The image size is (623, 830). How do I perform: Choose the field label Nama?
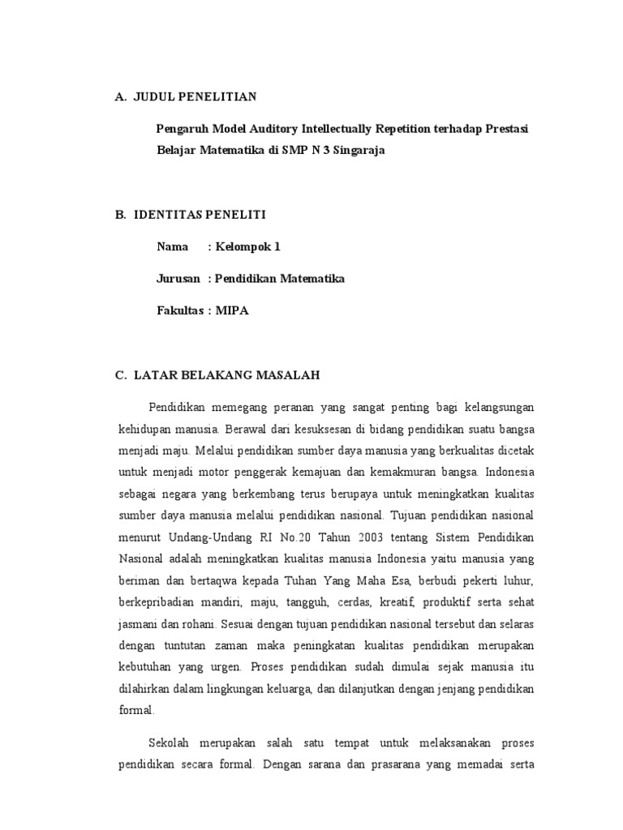tap(172, 246)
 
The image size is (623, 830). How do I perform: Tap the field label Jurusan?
tap(178, 278)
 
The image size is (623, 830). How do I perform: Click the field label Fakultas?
tap(183, 310)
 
